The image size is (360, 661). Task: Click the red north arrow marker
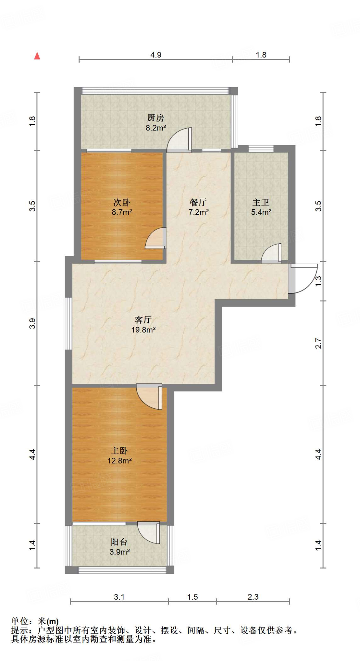(x=37, y=56)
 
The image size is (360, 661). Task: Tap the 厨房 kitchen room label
(x=156, y=118)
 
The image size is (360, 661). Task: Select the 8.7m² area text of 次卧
(x=122, y=212)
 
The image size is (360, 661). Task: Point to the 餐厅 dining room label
(x=198, y=202)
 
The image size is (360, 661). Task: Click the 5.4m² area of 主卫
(x=261, y=212)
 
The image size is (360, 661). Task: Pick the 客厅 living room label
(x=143, y=320)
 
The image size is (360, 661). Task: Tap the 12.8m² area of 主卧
(x=119, y=461)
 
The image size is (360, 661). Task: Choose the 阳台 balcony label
(x=119, y=542)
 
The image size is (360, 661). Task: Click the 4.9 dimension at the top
(x=156, y=55)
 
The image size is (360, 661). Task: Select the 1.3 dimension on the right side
(x=318, y=281)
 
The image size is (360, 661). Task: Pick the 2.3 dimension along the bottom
(x=253, y=597)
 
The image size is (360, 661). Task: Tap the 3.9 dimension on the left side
(x=32, y=323)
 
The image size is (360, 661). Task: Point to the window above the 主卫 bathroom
(x=261, y=149)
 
